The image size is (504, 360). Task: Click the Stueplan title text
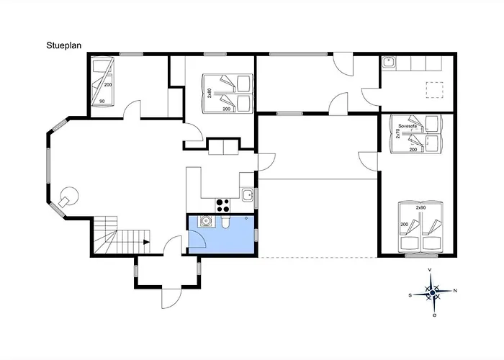click(x=63, y=45)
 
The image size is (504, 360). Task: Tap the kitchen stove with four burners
click(x=222, y=206)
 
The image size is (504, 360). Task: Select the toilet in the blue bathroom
click(x=225, y=222)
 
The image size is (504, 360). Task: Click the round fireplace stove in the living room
click(x=68, y=197)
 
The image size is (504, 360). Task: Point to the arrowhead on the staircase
click(x=147, y=242)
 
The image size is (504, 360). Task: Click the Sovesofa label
click(x=408, y=126)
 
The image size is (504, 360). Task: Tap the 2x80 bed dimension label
click(x=210, y=93)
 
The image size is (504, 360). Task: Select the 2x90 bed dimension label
click(x=420, y=208)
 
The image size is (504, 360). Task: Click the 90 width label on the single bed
click(x=102, y=102)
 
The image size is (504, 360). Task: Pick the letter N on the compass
click(x=455, y=291)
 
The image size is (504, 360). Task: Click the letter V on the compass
click(x=430, y=270)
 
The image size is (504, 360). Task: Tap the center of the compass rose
click(x=432, y=292)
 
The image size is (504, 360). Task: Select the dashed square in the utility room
click(x=435, y=90)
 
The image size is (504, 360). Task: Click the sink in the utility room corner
click(x=389, y=62)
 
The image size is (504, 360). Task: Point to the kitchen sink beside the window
click(x=248, y=195)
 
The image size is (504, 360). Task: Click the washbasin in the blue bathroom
click(x=205, y=222)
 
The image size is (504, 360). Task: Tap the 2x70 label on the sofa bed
click(x=397, y=132)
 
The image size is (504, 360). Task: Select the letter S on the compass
click(x=410, y=296)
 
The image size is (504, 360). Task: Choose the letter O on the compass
click(x=435, y=315)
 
